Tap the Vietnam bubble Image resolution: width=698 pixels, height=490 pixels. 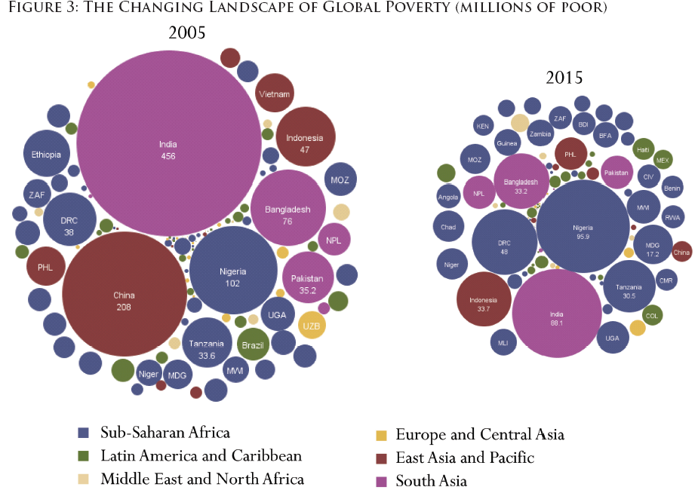[x=275, y=94]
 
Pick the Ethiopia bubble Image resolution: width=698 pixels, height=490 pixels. [x=46, y=155]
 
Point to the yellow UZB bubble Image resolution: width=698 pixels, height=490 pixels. [x=312, y=325]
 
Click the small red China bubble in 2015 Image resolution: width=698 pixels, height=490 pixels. [x=681, y=253]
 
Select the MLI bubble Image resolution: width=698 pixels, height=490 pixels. [x=503, y=342]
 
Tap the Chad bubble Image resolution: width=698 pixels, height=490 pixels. [x=448, y=227]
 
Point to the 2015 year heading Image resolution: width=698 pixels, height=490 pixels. [x=564, y=78]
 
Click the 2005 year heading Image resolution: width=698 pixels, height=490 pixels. [x=187, y=33]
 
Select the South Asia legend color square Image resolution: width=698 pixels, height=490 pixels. [x=381, y=481]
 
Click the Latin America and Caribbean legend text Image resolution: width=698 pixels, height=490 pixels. [x=201, y=456]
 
